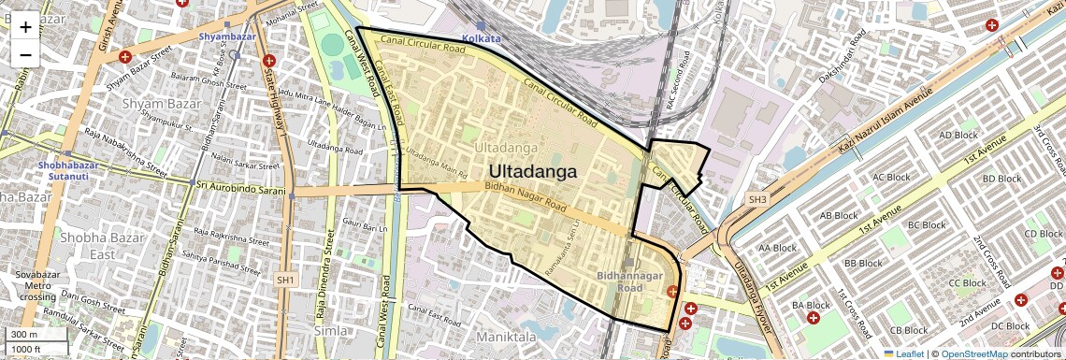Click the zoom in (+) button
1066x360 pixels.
coord(25,27)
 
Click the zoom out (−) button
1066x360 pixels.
coord(25,55)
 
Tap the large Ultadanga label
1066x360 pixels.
coord(532,172)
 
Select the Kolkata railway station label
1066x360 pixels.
coord(483,38)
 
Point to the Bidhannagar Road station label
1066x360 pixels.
coord(628,281)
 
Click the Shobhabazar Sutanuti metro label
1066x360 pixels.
coord(68,170)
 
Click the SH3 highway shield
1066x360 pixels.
coord(757,200)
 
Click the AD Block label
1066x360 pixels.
coord(958,135)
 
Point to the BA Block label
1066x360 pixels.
coord(811,305)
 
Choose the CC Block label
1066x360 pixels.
coord(967,283)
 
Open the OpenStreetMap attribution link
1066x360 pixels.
coord(973,354)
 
